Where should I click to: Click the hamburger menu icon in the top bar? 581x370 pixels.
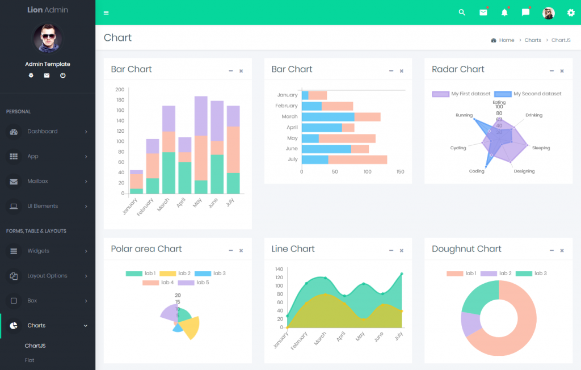pos(106,12)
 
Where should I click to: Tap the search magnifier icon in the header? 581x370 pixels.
pos(462,12)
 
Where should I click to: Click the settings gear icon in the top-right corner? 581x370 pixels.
pos(571,12)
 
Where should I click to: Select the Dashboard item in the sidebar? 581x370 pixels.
pos(43,131)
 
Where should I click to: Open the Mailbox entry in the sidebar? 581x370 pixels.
pos(37,181)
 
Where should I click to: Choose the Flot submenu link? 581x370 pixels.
pos(30,360)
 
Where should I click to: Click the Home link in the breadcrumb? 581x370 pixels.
pos(506,40)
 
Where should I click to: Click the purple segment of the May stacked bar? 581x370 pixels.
pos(201,116)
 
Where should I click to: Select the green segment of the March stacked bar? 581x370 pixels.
pos(169,173)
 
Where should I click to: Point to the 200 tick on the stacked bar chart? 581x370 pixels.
pos(119,90)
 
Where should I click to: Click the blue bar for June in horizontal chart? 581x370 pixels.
pos(326,149)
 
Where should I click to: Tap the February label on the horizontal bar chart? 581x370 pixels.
pos(286,106)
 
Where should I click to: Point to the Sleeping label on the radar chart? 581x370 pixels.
pos(541,148)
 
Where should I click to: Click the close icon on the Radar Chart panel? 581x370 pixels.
pos(562,71)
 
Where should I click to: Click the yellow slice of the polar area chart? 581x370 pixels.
pos(191,327)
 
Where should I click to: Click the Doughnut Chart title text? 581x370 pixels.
pos(466,249)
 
